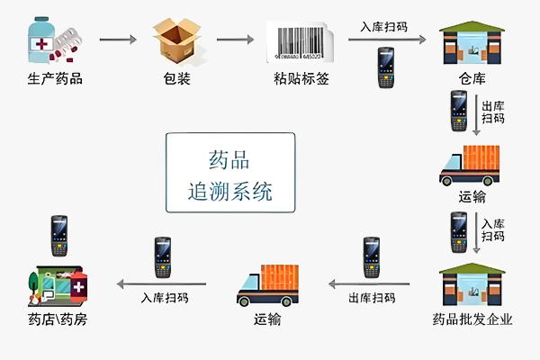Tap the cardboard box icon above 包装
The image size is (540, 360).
175,40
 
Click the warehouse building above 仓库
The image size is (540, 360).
471,45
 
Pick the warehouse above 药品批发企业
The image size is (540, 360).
471,285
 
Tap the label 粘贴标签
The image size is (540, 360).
301,78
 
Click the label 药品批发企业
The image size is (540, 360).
471,319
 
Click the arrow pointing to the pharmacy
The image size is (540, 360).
161,283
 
